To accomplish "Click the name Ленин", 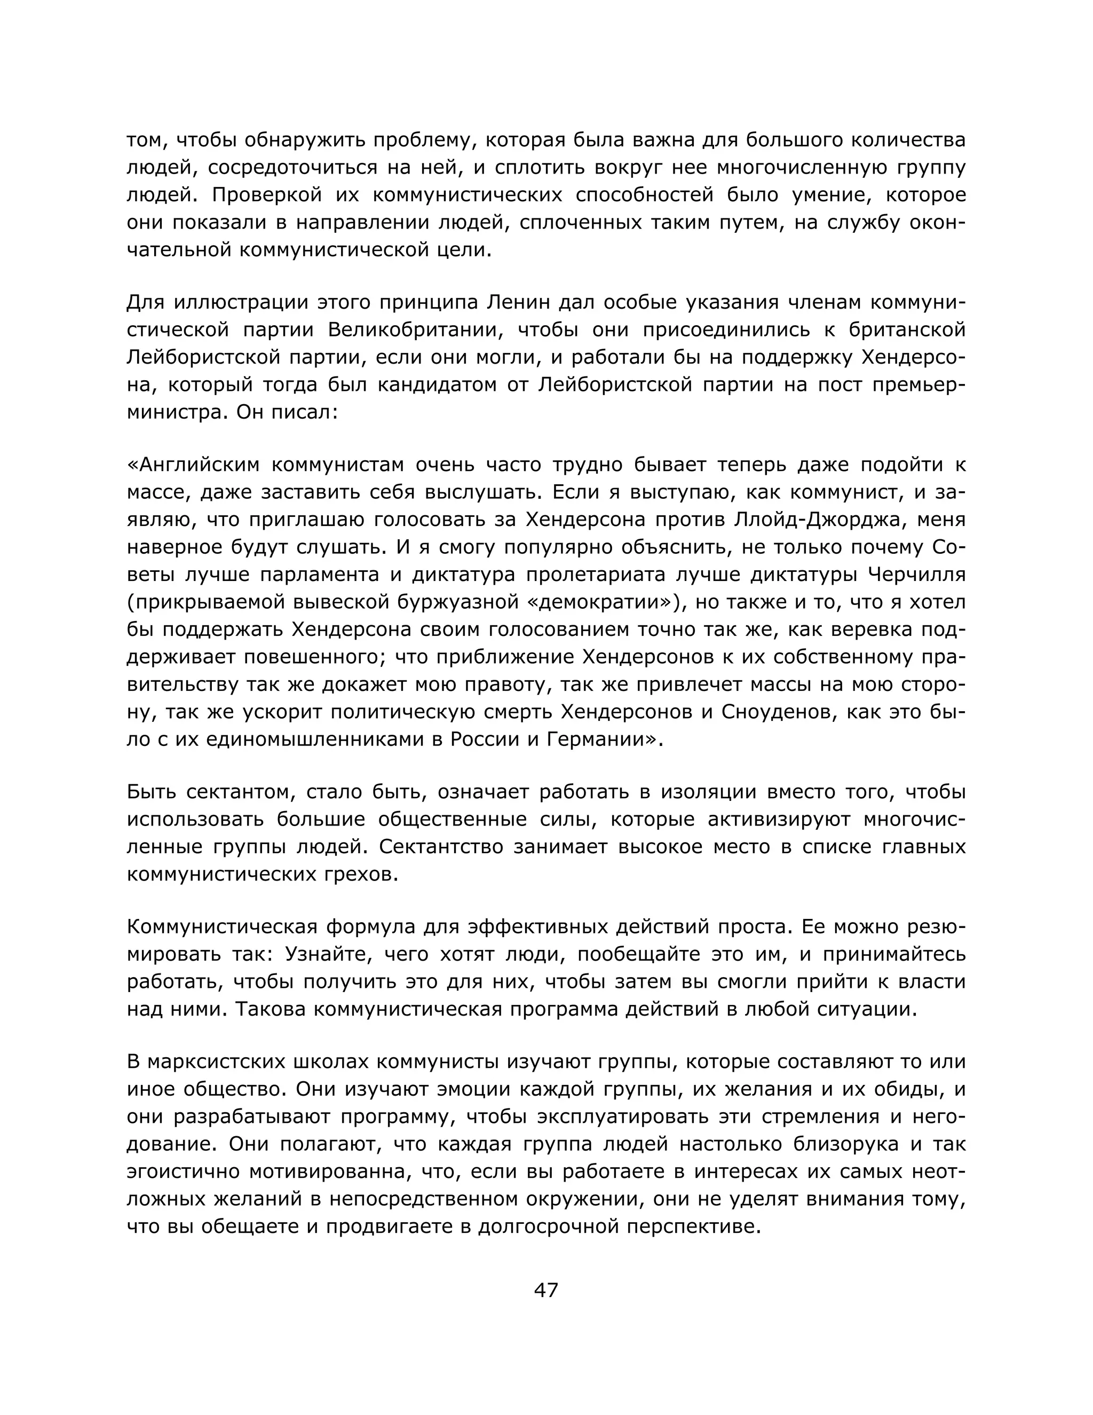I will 518,303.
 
